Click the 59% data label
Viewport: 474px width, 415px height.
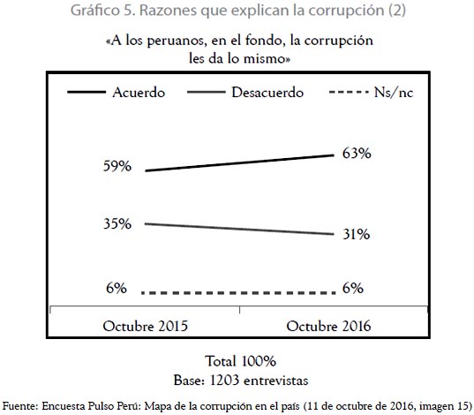click(x=117, y=166)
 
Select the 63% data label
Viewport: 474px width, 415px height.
click(x=357, y=153)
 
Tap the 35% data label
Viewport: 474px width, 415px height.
click(x=117, y=223)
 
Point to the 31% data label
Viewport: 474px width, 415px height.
click(x=356, y=234)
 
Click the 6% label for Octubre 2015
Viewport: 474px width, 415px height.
click(x=117, y=288)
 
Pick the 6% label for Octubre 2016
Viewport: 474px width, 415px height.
click(x=353, y=288)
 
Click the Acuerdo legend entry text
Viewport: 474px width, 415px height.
click(x=139, y=92)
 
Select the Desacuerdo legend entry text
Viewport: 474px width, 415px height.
click(x=267, y=92)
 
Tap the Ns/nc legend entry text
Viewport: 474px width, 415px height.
click(x=394, y=92)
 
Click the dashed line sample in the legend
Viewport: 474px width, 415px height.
click(x=349, y=92)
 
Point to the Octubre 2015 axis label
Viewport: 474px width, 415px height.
click(x=146, y=327)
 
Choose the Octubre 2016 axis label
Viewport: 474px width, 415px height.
click(x=328, y=327)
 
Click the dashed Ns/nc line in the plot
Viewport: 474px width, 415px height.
click(x=238, y=293)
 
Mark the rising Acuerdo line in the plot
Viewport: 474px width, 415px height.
click(x=240, y=163)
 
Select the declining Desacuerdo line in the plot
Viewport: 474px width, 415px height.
click(x=239, y=229)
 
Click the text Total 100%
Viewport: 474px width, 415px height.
click(x=241, y=361)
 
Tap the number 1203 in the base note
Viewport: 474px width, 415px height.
click(x=224, y=381)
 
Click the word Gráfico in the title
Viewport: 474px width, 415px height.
click(x=95, y=11)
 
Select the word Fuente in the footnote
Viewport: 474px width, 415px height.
click(x=20, y=406)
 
